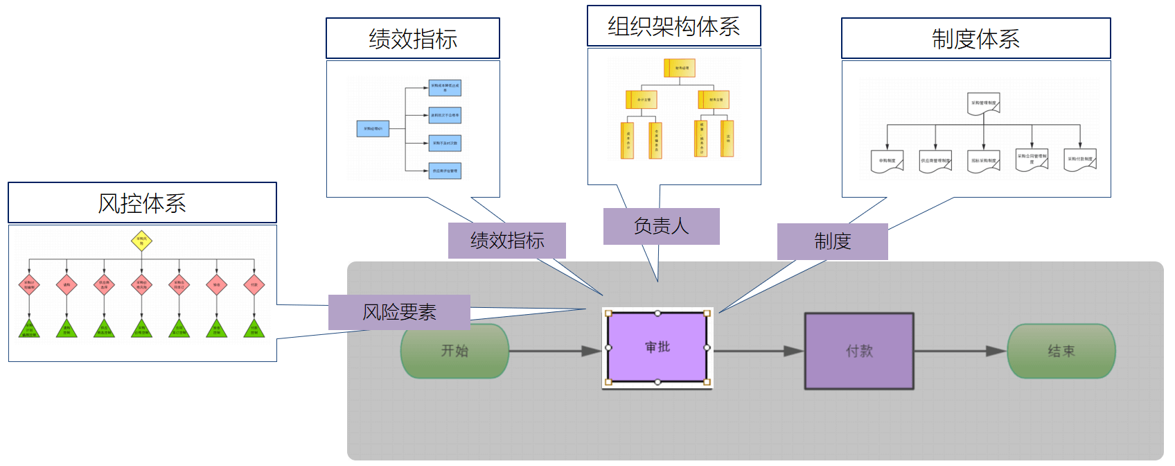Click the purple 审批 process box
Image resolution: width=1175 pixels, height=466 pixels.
point(657,347)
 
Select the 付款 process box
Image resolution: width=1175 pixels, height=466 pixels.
point(859,351)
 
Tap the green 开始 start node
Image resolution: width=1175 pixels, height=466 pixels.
point(454,351)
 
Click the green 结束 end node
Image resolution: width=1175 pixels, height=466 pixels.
point(1061,351)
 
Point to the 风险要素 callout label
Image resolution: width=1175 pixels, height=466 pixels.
point(399,312)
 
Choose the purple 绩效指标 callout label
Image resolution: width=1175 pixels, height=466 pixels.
point(506,241)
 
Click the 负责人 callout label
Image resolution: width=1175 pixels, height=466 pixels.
point(661,226)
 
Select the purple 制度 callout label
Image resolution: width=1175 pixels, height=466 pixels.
point(832,241)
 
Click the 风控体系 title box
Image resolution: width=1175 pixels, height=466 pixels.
point(142,202)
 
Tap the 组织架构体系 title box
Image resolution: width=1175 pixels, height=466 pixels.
point(673,26)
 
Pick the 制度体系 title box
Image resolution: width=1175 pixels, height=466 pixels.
point(975,39)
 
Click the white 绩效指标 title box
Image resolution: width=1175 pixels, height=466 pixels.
point(412,39)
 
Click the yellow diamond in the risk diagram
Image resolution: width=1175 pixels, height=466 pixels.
point(141,241)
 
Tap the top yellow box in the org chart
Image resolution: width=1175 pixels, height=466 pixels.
point(680,68)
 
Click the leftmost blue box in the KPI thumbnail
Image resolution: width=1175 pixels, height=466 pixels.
point(373,128)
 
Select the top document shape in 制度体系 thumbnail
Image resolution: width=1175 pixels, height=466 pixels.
point(984,103)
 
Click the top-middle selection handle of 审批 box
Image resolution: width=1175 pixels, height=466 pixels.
point(657,313)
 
